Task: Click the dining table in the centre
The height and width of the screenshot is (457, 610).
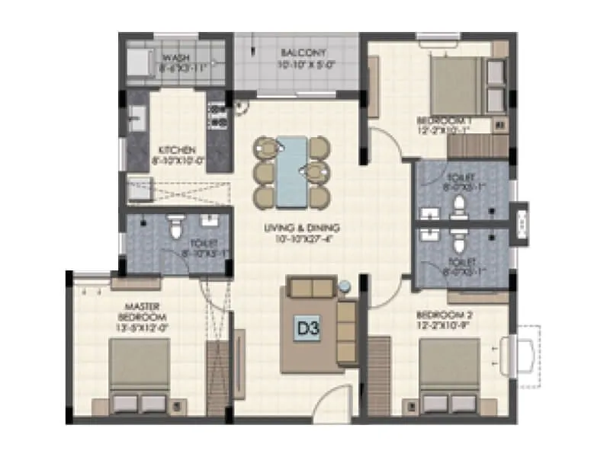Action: tap(292, 171)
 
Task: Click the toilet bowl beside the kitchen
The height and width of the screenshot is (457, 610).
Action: tap(176, 225)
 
